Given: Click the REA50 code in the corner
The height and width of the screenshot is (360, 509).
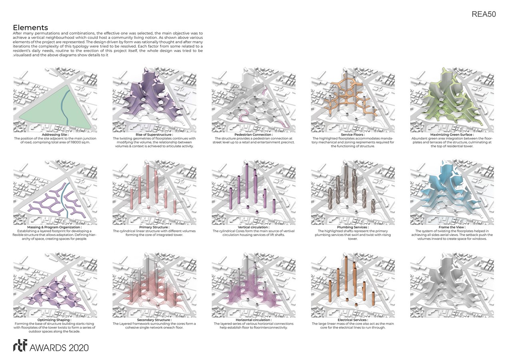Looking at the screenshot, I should (x=483, y=14).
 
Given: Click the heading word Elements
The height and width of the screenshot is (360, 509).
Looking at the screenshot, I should (x=30, y=28).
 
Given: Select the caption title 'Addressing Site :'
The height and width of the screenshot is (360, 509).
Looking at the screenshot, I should (x=55, y=135).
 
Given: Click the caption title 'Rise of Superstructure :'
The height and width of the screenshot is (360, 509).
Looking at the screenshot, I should (x=154, y=135).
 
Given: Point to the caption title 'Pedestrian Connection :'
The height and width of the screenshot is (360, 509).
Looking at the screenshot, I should (x=254, y=135).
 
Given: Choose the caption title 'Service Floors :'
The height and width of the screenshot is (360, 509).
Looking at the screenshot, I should (x=353, y=135).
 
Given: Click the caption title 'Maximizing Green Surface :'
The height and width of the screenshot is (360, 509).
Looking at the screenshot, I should (x=452, y=135).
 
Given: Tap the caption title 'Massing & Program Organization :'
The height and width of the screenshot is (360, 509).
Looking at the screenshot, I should (x=55, y=227).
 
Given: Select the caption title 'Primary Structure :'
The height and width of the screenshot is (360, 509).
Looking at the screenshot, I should (x=154, y=227).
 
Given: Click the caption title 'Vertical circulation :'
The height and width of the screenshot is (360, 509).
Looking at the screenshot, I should (x=254, y=227).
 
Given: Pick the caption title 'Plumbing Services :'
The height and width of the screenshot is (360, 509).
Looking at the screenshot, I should (x=353, y=227).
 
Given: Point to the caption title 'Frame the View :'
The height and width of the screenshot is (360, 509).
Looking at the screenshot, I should (x=452, y=227).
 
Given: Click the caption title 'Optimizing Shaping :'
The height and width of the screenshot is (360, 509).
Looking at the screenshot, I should (x=55, y=320).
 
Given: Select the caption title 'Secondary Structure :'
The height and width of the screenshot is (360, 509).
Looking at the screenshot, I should (x=154, y=320).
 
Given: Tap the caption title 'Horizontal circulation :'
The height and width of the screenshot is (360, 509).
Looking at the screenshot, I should (x=254, y=320).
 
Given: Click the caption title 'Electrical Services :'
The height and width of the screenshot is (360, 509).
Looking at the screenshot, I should (x=353, y=320).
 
